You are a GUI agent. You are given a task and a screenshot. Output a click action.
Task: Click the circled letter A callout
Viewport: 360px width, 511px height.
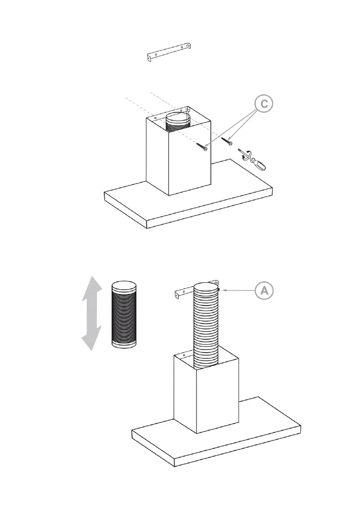pos(264,290)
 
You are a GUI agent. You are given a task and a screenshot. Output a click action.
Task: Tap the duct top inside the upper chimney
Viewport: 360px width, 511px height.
pos(177,117)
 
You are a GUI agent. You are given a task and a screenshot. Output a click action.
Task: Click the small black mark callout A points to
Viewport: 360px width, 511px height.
pos(219,290)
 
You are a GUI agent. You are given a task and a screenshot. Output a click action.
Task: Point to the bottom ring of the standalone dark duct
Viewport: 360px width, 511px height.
pos(124,344)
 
